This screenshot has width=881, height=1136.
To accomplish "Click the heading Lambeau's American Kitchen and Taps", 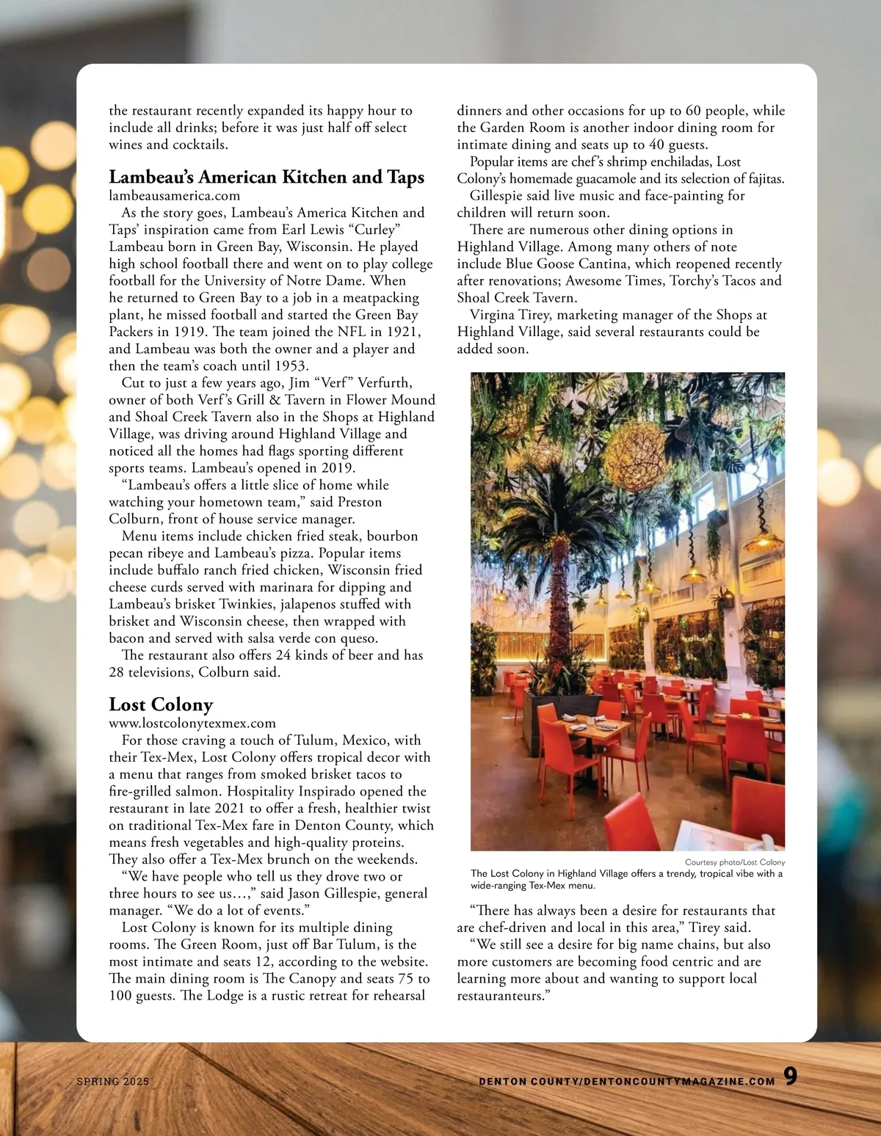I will (267, 178).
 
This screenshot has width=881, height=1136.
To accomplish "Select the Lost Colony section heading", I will (161, 705).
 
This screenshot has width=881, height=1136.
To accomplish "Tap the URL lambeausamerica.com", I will (175, 196).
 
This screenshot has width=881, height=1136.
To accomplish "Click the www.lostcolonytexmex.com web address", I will (192, 724).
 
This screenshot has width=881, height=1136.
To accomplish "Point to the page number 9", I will (790, 1076).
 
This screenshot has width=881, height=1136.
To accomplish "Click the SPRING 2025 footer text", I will (113, 1082).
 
